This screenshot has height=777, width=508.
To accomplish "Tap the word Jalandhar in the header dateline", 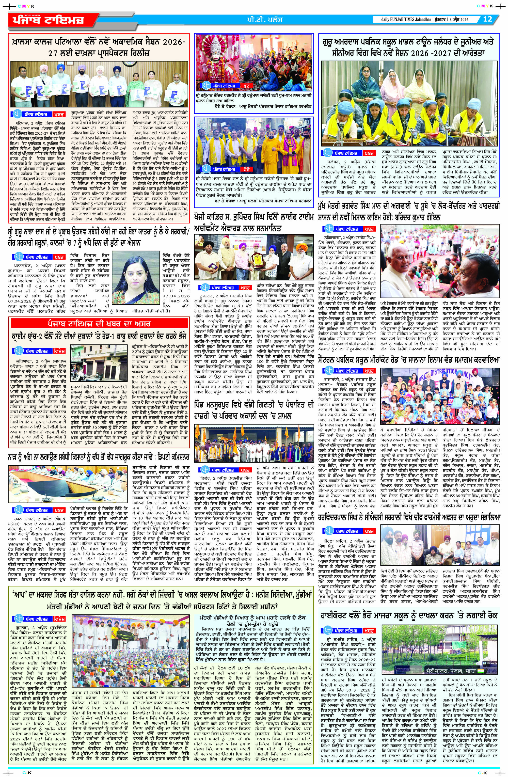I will pyautogui.click(x=423, y=20).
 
